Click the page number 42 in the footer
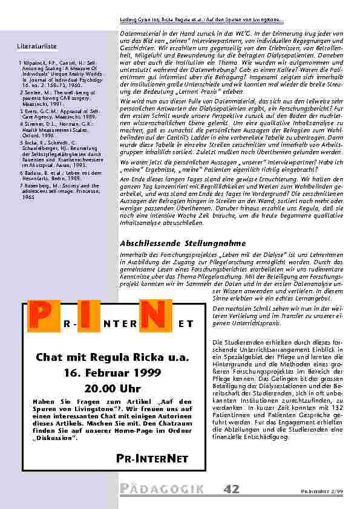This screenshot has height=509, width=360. tap(231, 489)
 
